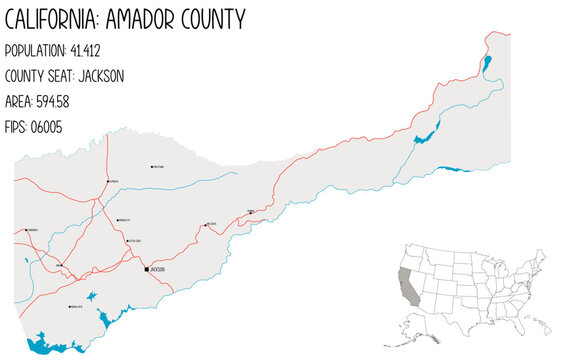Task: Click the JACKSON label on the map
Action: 157,270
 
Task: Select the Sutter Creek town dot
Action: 127,241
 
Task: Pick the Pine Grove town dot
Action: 206,225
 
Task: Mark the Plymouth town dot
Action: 107,181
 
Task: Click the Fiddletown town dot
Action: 151,167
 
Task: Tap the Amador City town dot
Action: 117,220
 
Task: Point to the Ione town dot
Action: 61,265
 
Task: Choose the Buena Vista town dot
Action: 69,307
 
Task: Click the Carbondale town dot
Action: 26,230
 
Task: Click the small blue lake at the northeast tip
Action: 486,65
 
